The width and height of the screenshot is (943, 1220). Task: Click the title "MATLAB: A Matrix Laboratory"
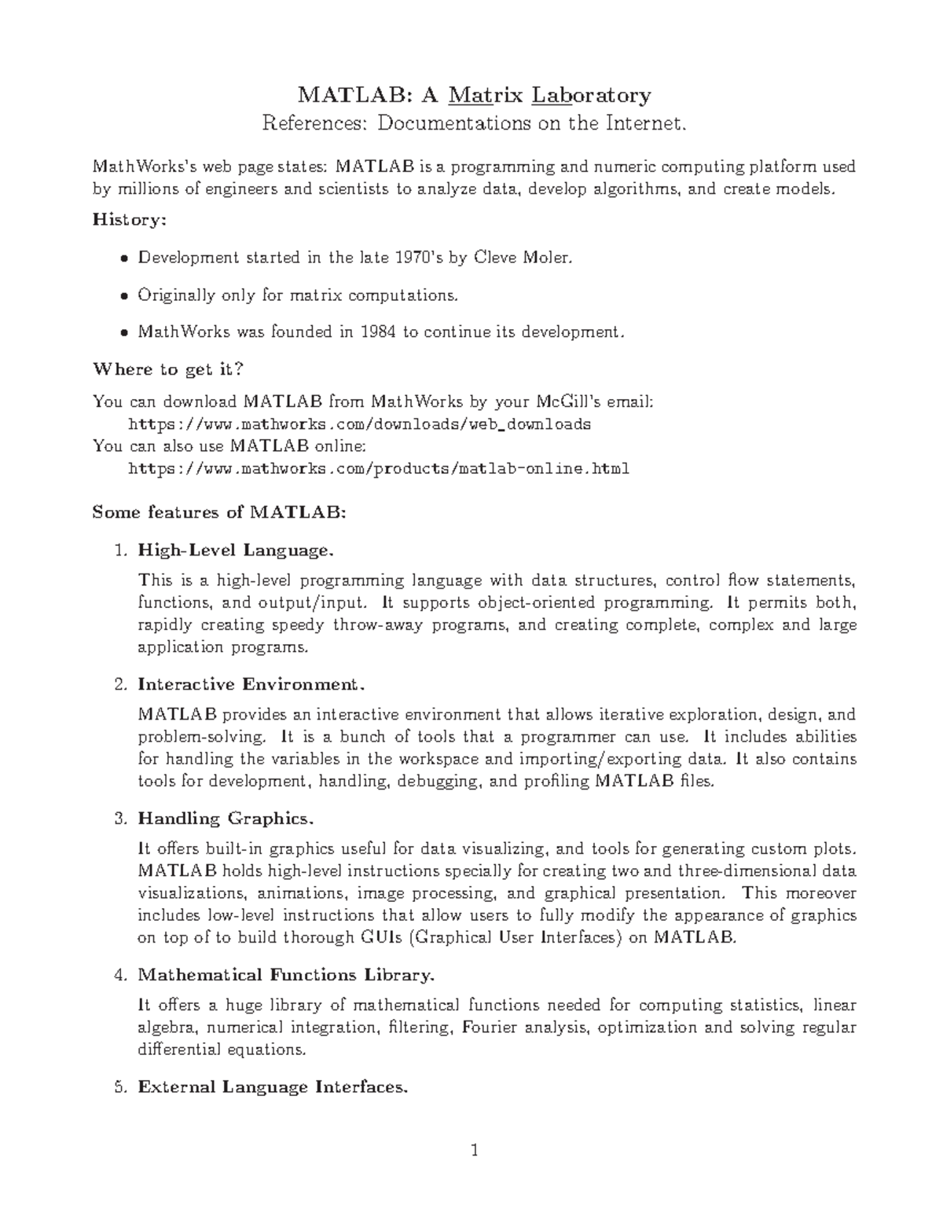point(474,96)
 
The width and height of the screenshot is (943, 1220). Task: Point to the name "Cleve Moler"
point(519,258)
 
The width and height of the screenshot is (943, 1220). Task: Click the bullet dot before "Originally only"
point(123,295)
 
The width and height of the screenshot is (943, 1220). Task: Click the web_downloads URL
point(359,424)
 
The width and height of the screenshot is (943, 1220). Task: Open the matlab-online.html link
point(378,469)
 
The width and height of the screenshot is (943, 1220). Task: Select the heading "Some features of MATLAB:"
point(218,512)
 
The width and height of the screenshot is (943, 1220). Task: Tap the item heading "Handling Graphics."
point(226,819)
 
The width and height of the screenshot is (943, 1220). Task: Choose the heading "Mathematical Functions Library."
point(285,975)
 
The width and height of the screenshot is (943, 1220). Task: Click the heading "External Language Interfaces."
point(273,1087)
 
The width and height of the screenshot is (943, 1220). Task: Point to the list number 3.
point(119,819)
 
